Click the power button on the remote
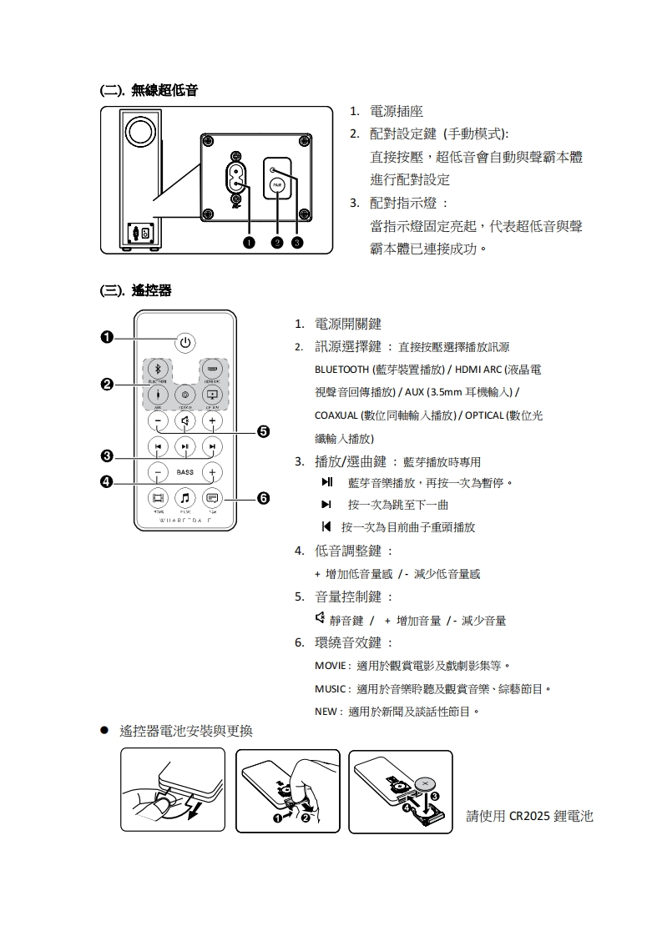pos(184,341)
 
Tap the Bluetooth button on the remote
pos(158,370)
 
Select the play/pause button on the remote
pos(184,446)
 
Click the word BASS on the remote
pos(184,472)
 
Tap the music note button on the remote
pos(184,498)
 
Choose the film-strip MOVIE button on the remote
pos(158,498)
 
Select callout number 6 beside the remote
pos(263,498)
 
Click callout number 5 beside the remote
pos(263,431)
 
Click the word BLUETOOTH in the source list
pos(342,370)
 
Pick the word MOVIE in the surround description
pos(329,666)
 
